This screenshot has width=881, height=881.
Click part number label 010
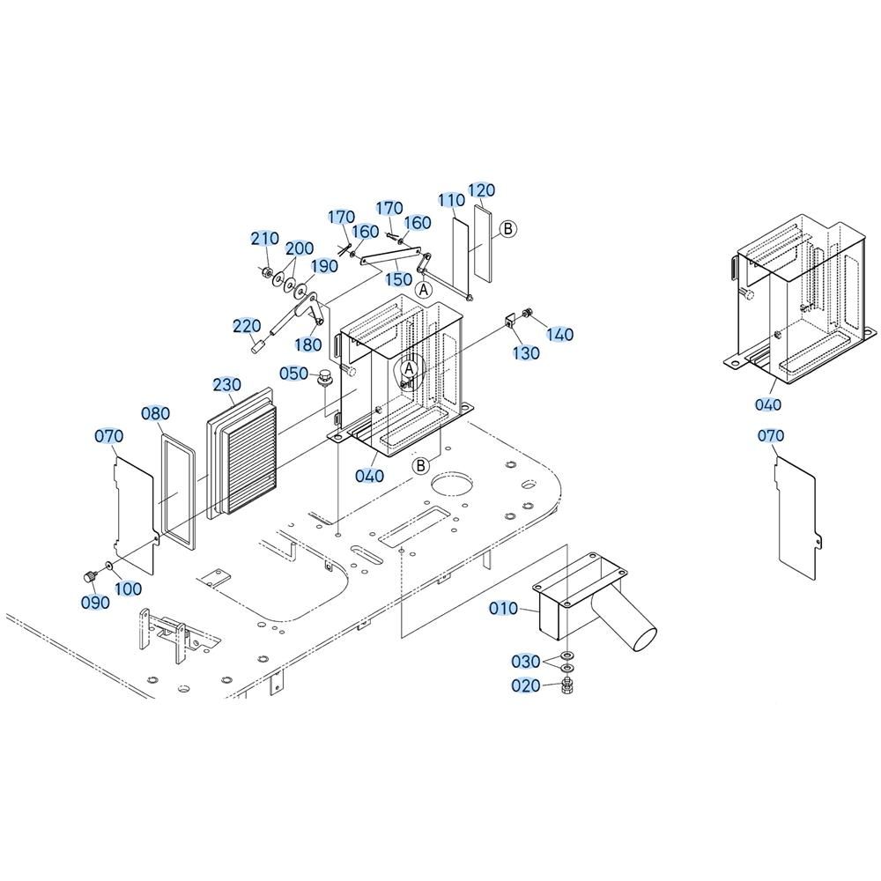click(x=503, y=608)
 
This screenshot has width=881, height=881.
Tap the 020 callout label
click(x=526, y=685)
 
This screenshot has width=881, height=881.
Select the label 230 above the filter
click(x=227, y=385)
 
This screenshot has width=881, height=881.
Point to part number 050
click(x=294, y=374)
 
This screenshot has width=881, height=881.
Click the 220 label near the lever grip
click(x=248, y=326)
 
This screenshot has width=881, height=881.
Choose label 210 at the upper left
click(x=265, y=239)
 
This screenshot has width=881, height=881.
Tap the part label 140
click(x=559, y=334)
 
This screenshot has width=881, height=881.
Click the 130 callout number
click(x=526, y=353)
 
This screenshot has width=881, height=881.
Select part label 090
click(x=95, y=603)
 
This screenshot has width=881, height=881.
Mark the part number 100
click(x=128, y=589)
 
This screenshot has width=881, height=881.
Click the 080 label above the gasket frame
click(x=156, y=413)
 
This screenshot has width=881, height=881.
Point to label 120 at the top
click(x=482, y=190)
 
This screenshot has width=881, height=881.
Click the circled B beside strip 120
click(x=508, y=229)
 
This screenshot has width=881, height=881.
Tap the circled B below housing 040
click(x=421, y=466)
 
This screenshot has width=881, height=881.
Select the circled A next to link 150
click(x=425, y=290)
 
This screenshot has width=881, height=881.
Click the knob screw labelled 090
click(x=90, y=576)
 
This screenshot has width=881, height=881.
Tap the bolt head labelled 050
click(x=325, y=377)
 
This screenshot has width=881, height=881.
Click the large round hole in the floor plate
click(x=453, y=482)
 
